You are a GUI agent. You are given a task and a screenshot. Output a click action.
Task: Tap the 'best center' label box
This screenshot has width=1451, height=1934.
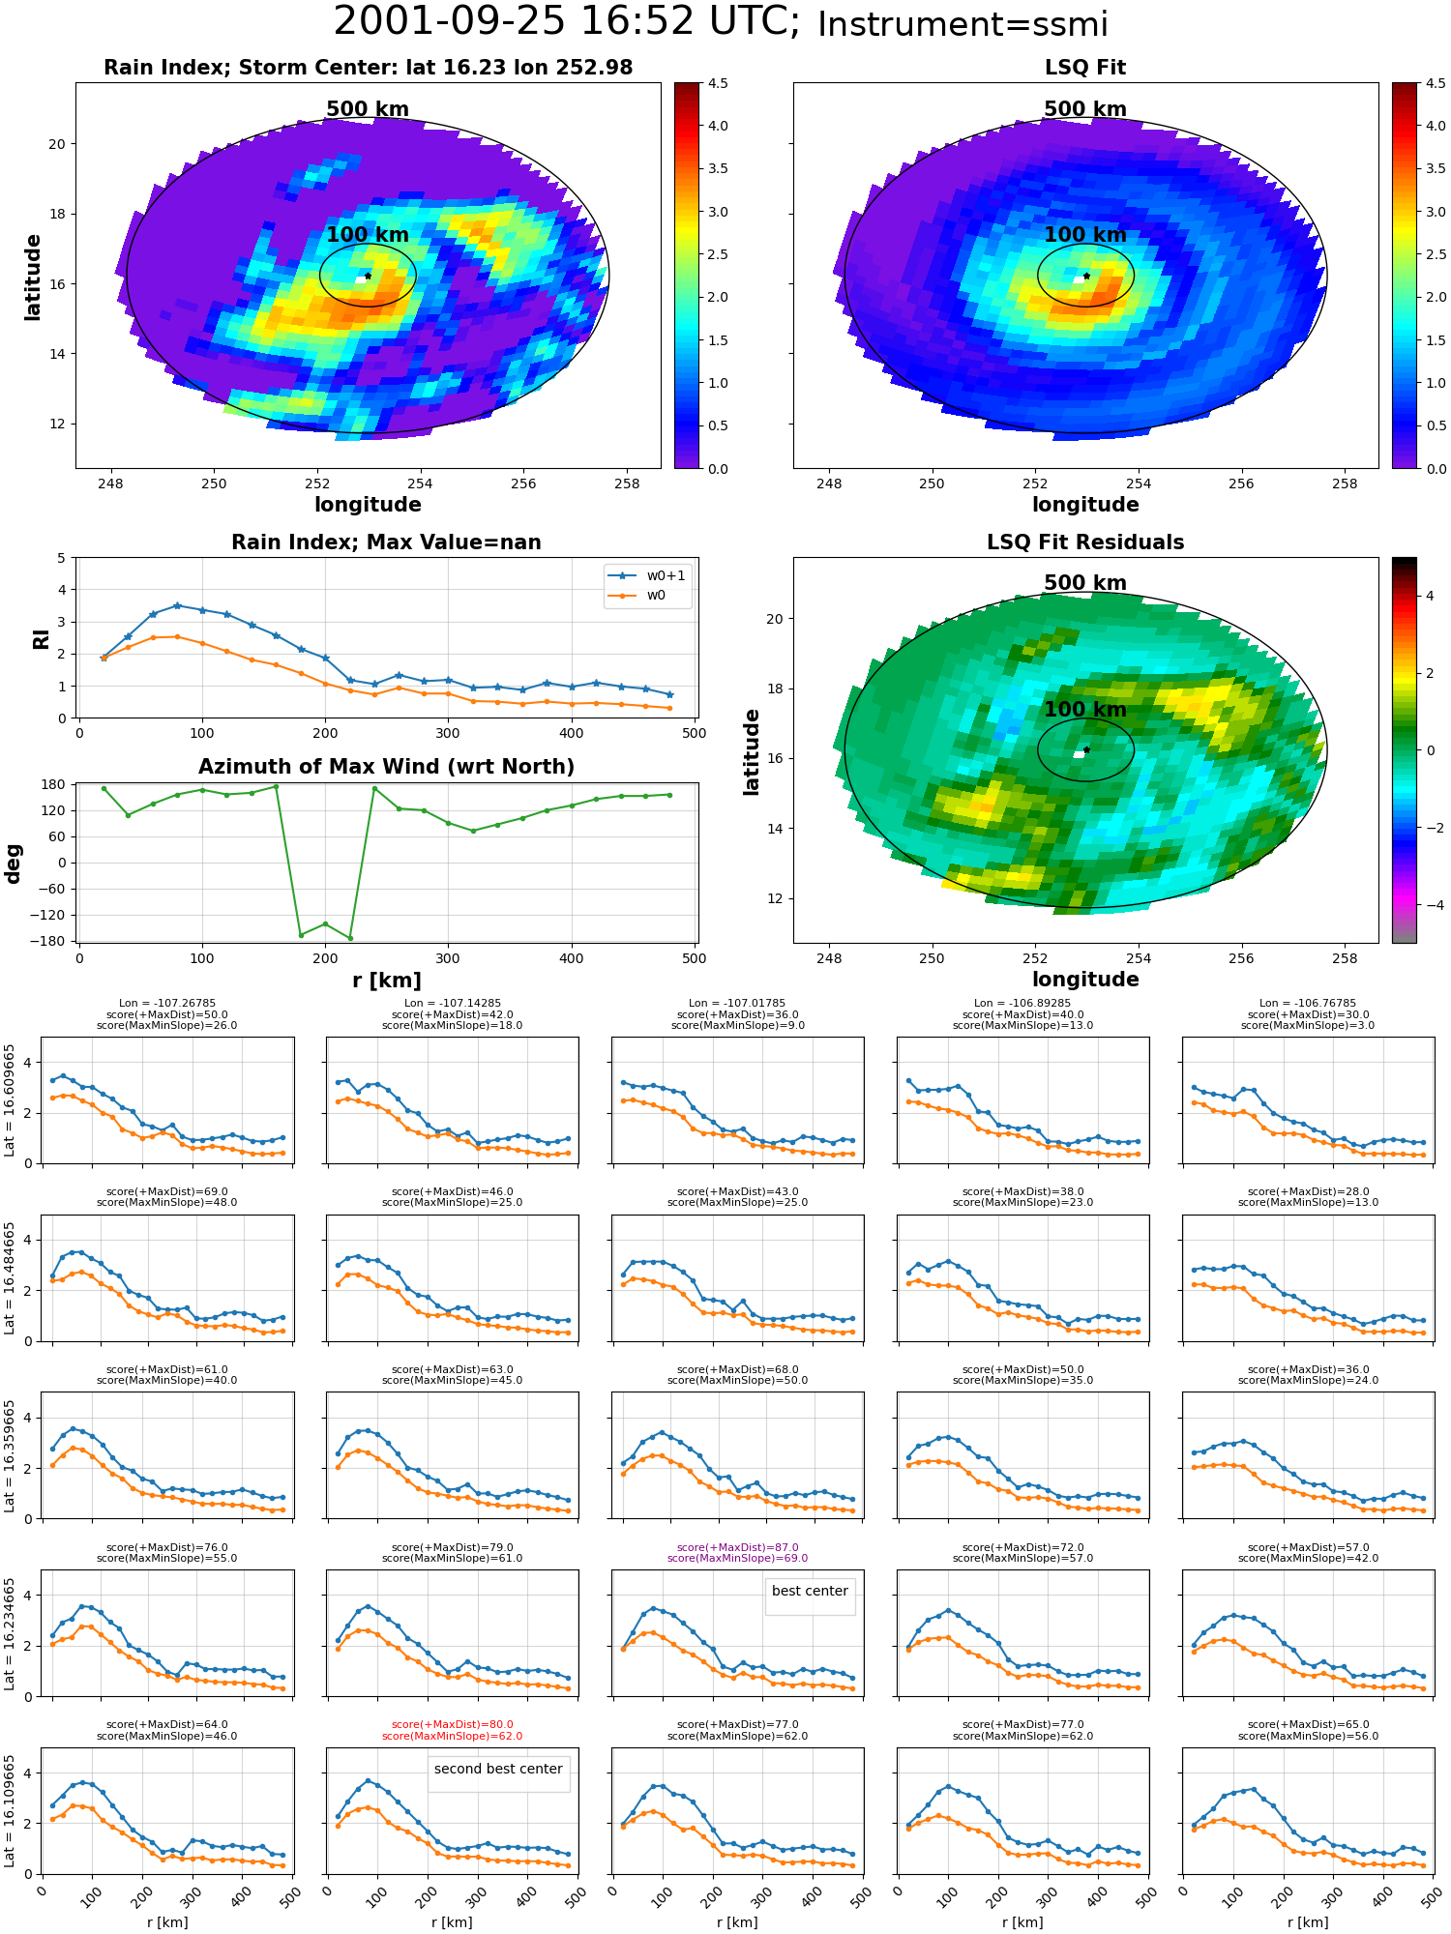click(x=810, y=1591)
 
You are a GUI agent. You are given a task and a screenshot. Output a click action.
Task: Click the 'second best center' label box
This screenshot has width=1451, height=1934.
click(x=498, y=1769)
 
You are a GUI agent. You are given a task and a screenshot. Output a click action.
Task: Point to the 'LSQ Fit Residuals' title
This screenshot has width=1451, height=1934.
click(x=1085, y=542)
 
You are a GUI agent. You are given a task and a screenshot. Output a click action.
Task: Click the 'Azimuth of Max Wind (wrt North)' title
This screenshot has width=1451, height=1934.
click(x=386, y=767)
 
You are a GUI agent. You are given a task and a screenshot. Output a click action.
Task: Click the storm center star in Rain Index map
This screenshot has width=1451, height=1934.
click(x=368, y=276)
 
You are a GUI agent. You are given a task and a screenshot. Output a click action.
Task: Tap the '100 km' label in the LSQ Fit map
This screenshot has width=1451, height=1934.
click(x=1085, y=235)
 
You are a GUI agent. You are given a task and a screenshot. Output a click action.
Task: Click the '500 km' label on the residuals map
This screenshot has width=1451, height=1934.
click(x=1085, y=583)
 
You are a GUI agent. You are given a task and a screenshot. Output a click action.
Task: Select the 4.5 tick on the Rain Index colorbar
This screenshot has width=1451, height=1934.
click(x=718, y=83)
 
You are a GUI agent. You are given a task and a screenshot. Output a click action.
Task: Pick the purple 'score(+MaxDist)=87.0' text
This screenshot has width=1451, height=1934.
click(x=737, y=1547)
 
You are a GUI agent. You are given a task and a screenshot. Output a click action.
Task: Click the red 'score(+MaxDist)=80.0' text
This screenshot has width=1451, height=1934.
click(x=452, y=1725)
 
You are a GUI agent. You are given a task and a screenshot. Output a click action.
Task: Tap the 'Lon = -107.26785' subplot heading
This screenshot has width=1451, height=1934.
click(x=166, y=1003)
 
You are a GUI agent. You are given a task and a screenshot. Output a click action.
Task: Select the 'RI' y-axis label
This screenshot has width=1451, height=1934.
click(x=41, y=638)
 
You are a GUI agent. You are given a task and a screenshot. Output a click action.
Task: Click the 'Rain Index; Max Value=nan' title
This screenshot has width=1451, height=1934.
click(x=386, y=542)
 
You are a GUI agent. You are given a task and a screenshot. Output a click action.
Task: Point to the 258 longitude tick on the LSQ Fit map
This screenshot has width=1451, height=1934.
click(x=1345, y=483)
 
